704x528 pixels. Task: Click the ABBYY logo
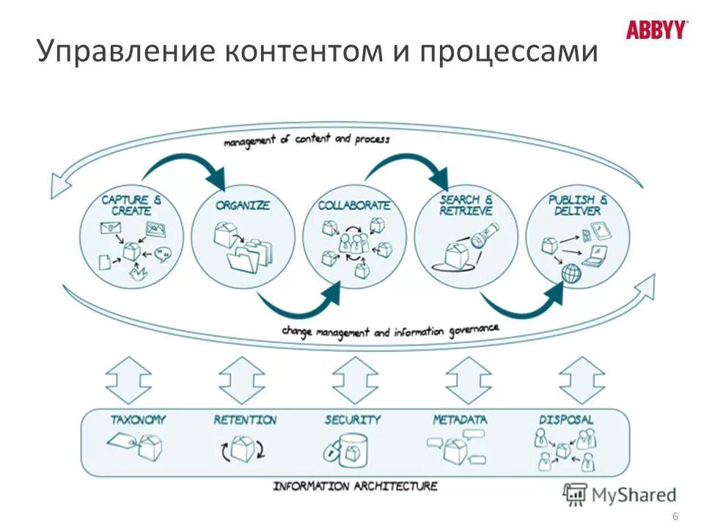[657, 30]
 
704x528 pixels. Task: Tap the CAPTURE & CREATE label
[125, 205]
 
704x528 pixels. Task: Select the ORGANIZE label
[243, 205]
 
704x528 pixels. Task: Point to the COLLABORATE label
[354, 206]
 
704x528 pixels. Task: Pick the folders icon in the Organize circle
[249, 254]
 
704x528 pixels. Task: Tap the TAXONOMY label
[139, 419]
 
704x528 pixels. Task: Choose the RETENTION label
[245, 419]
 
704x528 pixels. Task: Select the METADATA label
[460, 419]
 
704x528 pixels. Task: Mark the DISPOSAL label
[566, 419]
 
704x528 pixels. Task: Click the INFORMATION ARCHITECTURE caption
[355, 485]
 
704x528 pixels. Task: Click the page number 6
[675, 518]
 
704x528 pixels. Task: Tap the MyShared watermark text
[634, 495]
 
